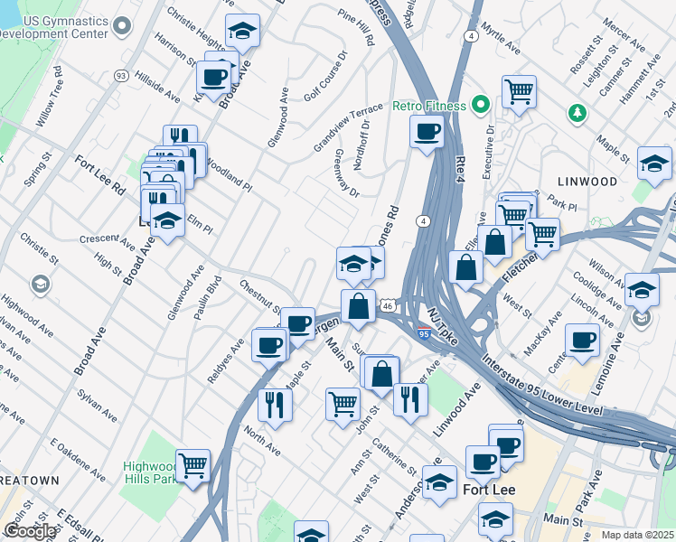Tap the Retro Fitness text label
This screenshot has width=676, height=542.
tap(429, 106)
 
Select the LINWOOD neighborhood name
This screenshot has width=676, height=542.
tap(587, 182)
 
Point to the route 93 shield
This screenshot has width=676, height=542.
tap(120, 73)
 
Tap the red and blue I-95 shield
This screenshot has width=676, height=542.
tap(425, 332)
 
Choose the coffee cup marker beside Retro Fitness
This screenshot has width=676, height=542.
tap(427, 132)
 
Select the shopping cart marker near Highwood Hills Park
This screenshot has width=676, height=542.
tap(192, 466)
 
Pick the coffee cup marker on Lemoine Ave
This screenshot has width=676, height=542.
tap(582, 341)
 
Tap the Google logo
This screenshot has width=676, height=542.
tap(30, 531)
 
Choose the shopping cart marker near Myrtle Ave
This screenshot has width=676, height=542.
tap(519, 91)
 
